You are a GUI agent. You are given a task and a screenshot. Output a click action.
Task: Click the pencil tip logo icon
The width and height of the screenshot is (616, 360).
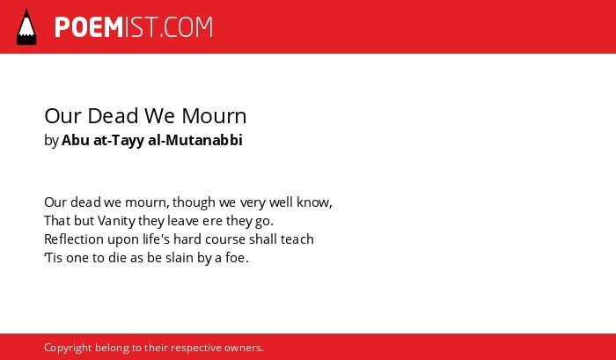click(x=26, y=26)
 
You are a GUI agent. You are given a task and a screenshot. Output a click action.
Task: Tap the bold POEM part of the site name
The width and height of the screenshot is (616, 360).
click(x=89, y=27)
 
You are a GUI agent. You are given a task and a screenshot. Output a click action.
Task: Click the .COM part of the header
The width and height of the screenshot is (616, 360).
click(x=186, y=27)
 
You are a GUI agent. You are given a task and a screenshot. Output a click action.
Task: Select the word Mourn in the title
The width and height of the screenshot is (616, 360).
click(x=214, y=116)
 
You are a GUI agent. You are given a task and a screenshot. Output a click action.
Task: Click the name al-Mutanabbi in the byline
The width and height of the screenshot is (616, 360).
click(x=195, y=140)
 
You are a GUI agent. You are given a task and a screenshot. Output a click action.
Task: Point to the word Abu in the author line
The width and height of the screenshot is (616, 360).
click(x=76, y=140)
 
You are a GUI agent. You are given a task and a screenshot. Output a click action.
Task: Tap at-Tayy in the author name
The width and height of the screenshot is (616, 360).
click(x=119, y=141)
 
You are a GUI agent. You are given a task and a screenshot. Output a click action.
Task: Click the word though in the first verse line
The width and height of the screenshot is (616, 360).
click(x=194, y=202)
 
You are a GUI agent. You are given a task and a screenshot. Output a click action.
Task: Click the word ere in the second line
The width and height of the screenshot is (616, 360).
click(x=213, y=221)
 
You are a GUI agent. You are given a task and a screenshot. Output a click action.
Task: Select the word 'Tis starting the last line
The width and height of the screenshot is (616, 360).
click(x=54, y=258)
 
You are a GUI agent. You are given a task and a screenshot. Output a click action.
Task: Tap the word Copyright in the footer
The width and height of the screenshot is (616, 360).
click(x=68, y=349)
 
